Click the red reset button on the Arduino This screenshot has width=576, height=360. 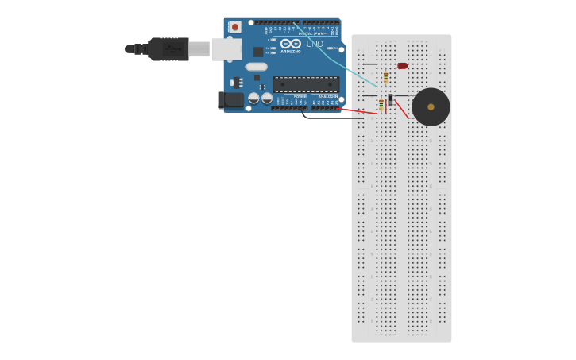[234, 27]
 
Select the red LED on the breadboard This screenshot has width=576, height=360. [402, 66]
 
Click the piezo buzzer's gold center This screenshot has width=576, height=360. [431, 107]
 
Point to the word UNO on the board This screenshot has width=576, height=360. [315, 44]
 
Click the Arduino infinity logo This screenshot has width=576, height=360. [291, 44]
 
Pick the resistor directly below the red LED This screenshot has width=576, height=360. [385, 78]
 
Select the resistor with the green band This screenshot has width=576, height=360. [381, 104]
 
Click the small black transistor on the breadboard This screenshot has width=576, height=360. [390, 100]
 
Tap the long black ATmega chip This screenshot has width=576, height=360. [306, 84]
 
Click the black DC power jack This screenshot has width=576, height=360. [230, 100]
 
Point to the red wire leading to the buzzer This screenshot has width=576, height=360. [402, 110]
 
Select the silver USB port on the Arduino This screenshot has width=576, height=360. [226, 49]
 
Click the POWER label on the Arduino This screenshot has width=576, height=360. [300, 97]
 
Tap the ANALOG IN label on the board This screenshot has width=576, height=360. [327, 97]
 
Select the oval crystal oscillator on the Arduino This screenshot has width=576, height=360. [257, 67]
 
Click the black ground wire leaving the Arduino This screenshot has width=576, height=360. [326, 118]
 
